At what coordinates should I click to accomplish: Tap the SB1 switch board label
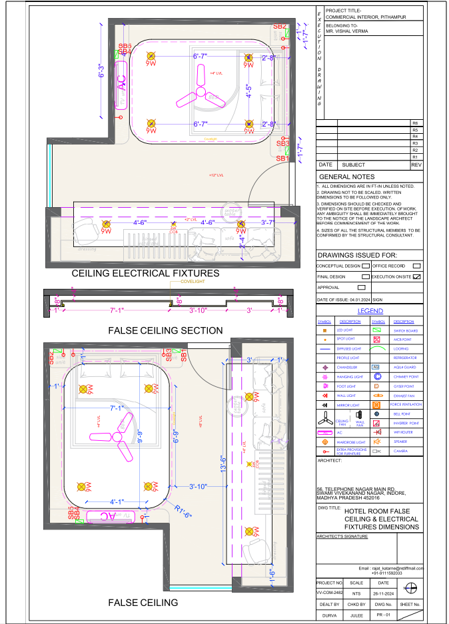[282, 159]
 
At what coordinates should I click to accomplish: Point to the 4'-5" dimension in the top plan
[248, 91]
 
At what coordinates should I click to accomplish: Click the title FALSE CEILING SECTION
[165, 330]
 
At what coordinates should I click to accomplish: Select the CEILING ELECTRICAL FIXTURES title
[145, 273]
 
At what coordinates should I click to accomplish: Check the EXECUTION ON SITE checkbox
[417, 276]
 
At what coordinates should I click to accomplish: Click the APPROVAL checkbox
[361, 288]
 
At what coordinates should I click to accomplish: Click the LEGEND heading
[370, 312]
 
